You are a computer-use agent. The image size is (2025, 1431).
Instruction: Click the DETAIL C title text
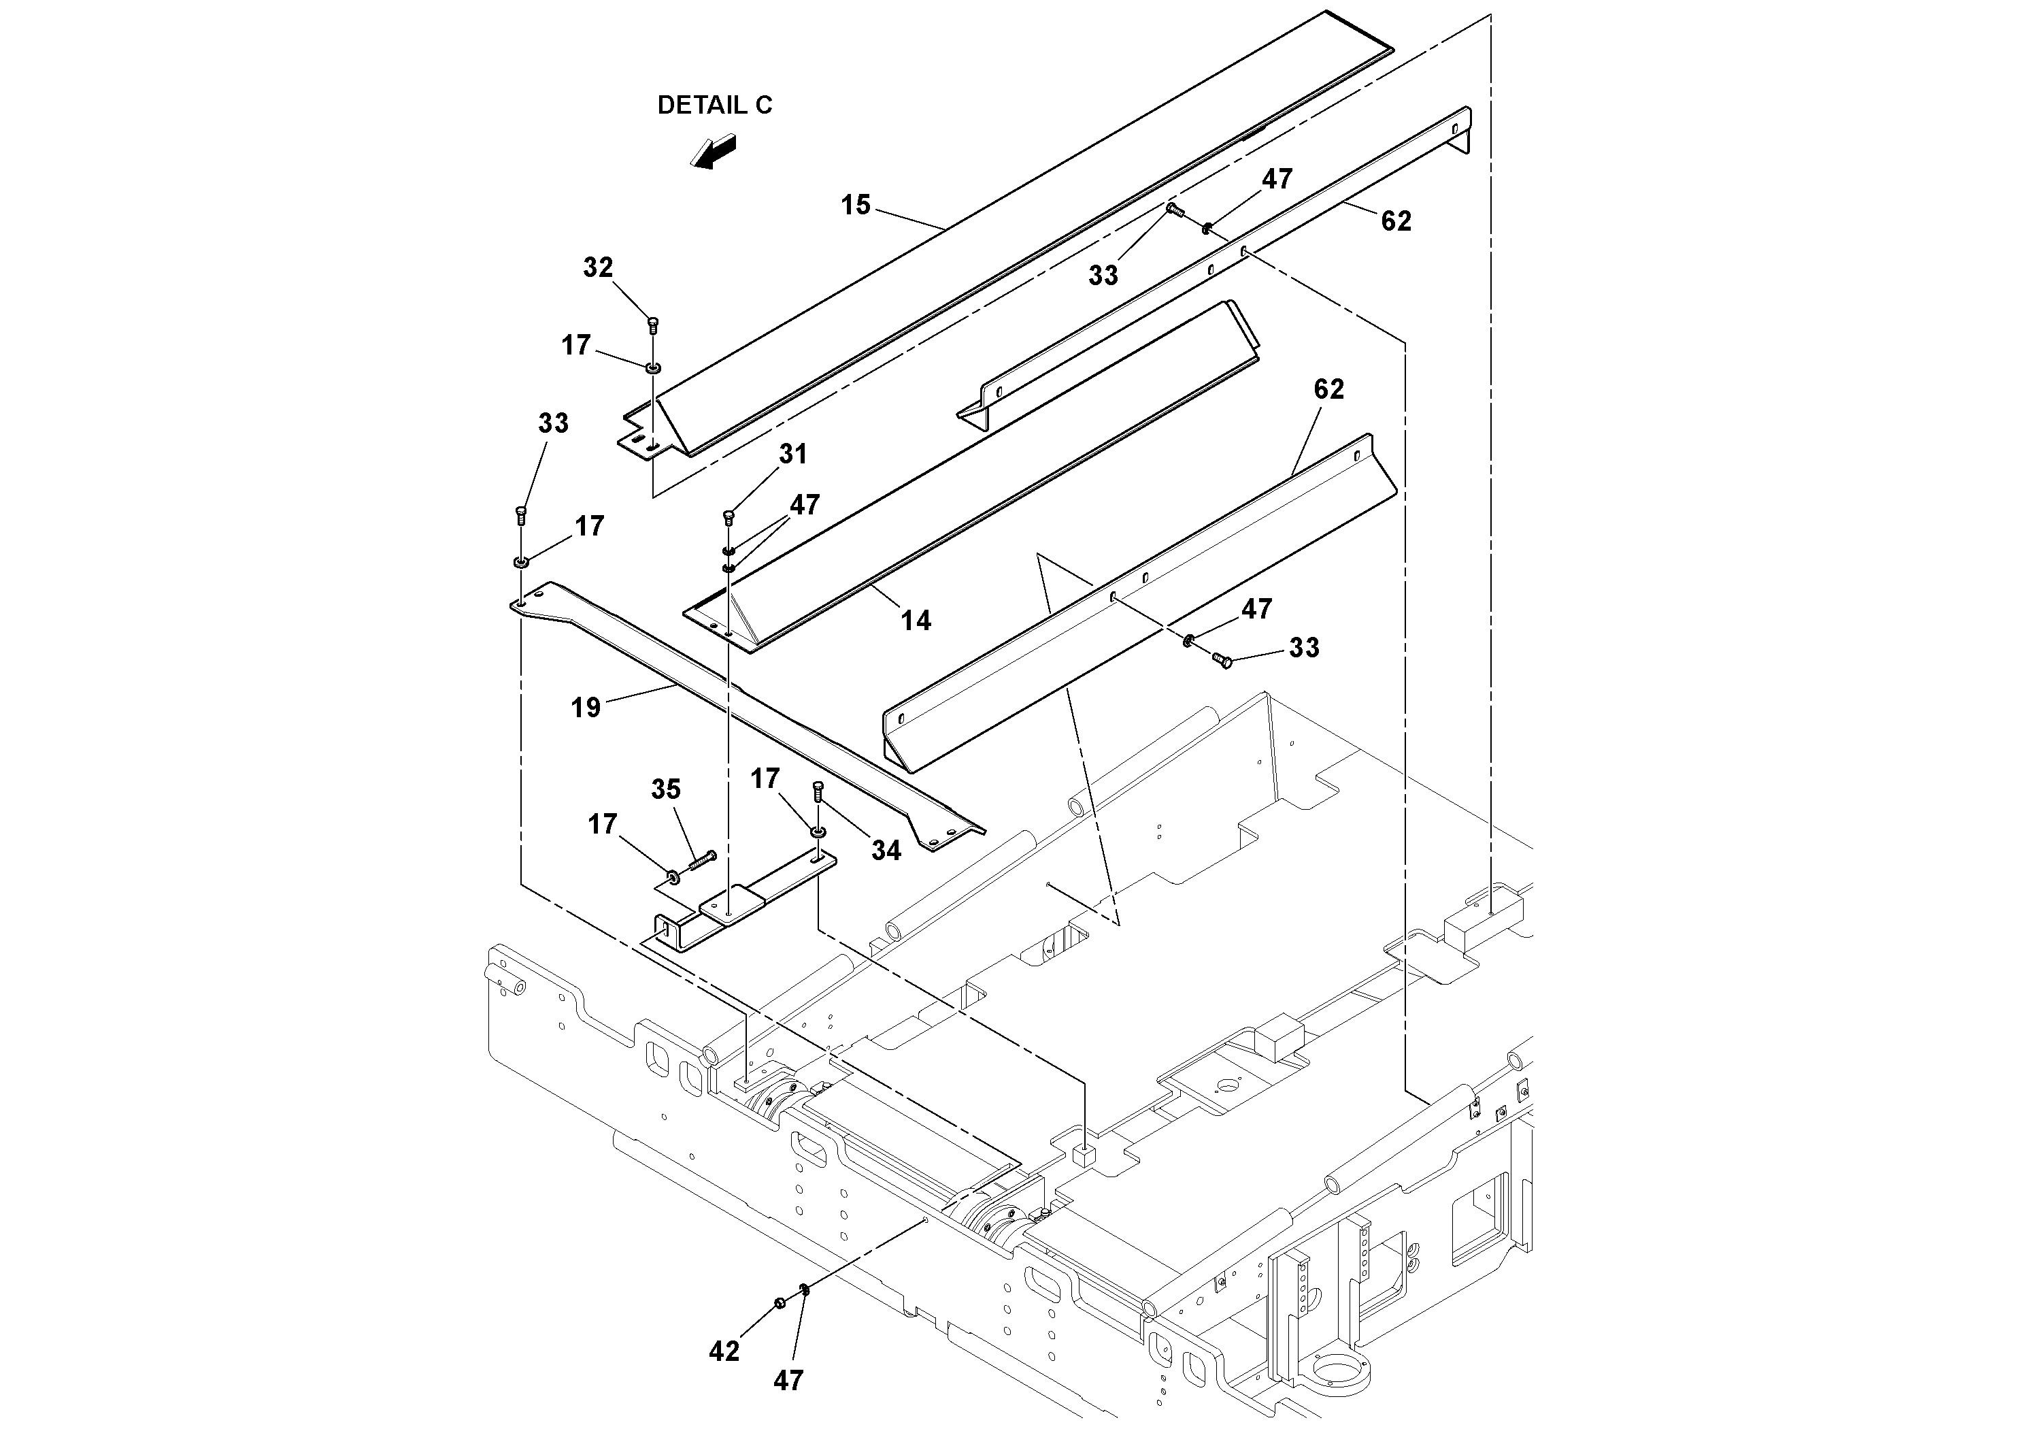[714, 105]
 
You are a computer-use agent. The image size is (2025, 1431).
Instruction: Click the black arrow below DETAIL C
[714, 151]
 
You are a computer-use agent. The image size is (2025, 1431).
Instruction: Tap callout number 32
[598, 267]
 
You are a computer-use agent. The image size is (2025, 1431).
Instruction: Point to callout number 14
[916, 621]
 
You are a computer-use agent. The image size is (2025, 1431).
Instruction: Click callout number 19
[586, 708]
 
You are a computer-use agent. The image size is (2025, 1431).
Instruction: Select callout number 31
[793, 455]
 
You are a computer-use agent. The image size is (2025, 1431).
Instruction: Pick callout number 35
[666, 789]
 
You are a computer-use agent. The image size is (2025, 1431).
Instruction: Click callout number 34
[886, 851]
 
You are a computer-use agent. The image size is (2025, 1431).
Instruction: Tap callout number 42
[724, 1351]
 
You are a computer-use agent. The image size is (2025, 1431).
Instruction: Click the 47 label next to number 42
[788, 1381]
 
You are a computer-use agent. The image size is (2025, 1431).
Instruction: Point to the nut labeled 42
[780, 1303]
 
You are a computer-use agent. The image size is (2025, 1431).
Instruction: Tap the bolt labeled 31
[729, 517]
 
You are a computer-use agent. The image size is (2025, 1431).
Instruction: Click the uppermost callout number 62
[1395, 220]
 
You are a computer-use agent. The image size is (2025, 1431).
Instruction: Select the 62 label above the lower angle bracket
[1328, 389]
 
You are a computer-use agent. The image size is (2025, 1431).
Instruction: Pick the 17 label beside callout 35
[603, 825]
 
